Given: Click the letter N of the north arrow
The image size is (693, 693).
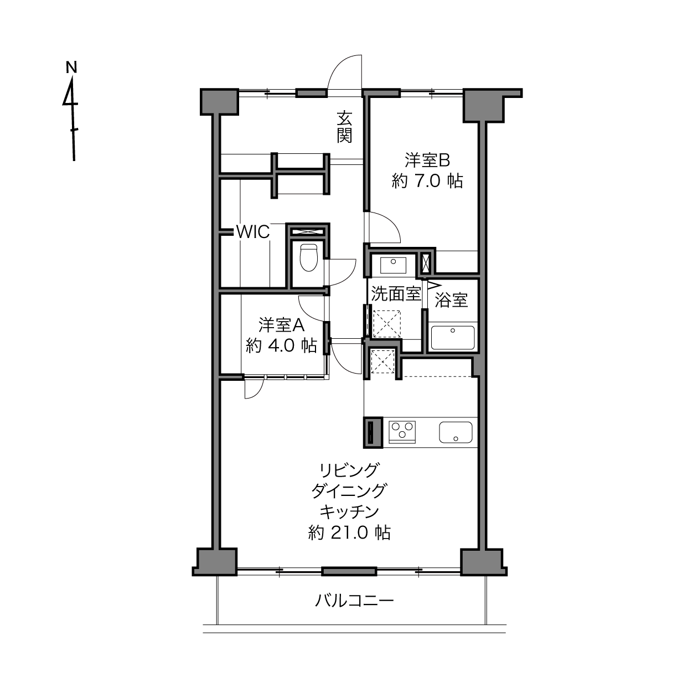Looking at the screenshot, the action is click(72, 67).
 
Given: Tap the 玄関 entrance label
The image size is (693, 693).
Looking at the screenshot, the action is click(344, 127).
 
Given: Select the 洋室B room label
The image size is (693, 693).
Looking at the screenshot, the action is click(427, 161).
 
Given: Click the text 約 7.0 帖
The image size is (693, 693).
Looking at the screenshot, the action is click(427, 181).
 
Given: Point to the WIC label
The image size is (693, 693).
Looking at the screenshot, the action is click(253, 232).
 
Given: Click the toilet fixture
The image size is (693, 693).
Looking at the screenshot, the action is click(308, 257).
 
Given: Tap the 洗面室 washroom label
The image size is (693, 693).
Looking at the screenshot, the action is click(396, 294).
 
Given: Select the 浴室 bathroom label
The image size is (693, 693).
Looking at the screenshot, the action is click(451, 301).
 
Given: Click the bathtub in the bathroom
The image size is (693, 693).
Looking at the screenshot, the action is click(453, 337).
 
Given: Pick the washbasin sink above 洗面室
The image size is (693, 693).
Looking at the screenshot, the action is click(394, 265).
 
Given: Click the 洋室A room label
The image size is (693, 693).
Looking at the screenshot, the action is click(282, 325).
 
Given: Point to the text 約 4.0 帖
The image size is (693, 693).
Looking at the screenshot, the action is click(282, 345).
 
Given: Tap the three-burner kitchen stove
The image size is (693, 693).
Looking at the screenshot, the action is click(402, 432).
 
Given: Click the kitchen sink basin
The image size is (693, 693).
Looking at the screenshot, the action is click(456, 432).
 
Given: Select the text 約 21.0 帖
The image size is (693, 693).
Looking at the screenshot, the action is click(350, 532).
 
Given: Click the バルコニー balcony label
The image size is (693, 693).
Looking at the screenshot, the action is click(355, 600).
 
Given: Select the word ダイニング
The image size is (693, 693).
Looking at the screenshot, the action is click(350, 490).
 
